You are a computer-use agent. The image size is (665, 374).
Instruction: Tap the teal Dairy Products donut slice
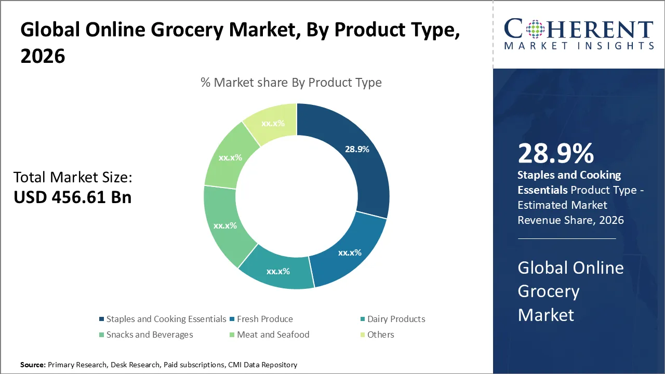[x=278, y=270]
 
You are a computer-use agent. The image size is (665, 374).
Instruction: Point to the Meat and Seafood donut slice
[x=230, y=157]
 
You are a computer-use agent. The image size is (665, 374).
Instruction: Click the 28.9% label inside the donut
[x=357, y=149]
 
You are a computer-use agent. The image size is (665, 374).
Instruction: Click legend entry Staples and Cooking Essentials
[x=166, y=319]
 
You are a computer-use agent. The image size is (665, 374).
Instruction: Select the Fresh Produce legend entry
[x=264, y=319]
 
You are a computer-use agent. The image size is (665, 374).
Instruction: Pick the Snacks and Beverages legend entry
[x=150, y=335]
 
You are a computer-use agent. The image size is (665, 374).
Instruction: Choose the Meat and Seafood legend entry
[x=273, y=335]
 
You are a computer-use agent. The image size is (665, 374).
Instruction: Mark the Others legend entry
[x=380, y=335]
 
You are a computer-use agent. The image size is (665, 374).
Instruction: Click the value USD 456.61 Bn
[x=72, y=197]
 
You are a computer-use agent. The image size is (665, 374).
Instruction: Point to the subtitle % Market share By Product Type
[x=291, y=83]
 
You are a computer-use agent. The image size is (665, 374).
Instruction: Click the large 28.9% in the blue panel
[x=555, y=154]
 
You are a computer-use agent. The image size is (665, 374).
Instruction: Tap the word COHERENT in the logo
[x=578, y=29]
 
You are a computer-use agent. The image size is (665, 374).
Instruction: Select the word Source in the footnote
[x=32, y=365]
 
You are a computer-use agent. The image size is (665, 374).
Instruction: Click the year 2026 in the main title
[x=43, y=56]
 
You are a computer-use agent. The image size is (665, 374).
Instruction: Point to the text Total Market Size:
[x=73, y=178]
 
